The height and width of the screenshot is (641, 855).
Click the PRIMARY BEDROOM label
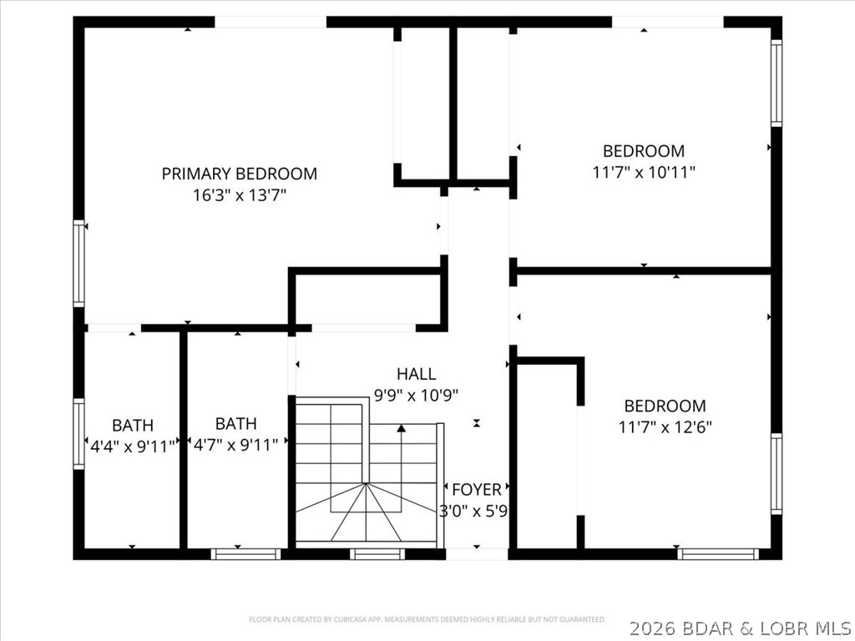[239, 174]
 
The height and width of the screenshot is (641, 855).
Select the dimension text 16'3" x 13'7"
[239, 195]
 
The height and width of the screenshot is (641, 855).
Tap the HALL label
[416, 374]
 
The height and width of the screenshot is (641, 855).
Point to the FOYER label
[476, 489]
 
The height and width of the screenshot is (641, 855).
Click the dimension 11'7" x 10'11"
[644, 172]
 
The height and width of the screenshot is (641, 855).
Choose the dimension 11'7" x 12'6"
[665, 427]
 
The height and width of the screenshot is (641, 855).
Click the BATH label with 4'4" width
[133, 425]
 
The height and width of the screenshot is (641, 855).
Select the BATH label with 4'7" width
[235, 424]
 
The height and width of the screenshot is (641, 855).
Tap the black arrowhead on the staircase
[402, 429]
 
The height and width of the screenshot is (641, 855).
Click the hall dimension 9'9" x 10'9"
[416, 395]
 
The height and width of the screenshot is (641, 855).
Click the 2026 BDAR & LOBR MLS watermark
[741, 626]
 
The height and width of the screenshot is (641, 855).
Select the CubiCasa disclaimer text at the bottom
[427, 619]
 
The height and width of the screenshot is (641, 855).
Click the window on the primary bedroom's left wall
[79, 263]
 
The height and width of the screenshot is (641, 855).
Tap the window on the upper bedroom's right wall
[777, 83]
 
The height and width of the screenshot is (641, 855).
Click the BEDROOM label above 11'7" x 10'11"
[644, 151]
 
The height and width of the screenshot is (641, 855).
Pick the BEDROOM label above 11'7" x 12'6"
[665, 406]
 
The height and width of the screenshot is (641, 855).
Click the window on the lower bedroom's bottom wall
[718, 553]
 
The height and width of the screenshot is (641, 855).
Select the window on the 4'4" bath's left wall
[79, 434]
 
